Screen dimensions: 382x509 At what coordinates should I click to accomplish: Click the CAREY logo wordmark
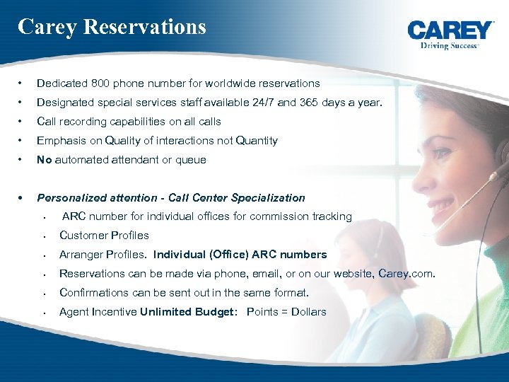point(450,30)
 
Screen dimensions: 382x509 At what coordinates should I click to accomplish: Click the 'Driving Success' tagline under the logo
point(450,45)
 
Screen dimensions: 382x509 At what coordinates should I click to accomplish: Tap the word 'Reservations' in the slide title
point(144,27)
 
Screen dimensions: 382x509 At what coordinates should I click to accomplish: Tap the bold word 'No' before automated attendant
point(45,160)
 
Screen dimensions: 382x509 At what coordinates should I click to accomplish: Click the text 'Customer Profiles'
point(104,236)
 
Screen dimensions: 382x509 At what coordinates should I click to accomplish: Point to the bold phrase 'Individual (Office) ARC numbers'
point(240,255)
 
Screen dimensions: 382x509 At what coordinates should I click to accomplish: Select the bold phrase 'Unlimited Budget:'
point(190,312)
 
